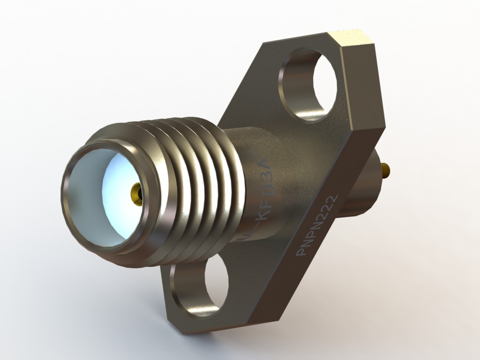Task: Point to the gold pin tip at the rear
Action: tap(386, 170)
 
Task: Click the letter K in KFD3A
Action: tap(262, 217)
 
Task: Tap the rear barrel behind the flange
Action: tap(361, 187)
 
